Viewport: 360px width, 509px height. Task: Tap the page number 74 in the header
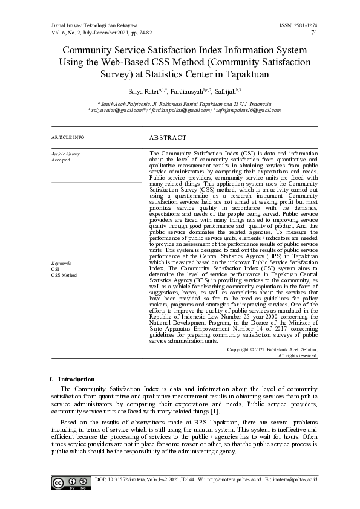[x=313, y=33]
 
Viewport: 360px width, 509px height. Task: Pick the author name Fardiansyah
[x=186, y=92]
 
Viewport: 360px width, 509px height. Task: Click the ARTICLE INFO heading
[x=68, y=138]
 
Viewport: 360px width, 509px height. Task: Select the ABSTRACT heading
[x=168, y=138]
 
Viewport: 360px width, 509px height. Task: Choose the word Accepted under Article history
[x=61, y=160]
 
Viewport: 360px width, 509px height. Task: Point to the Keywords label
[x=61, y=264]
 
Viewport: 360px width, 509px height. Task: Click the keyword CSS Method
[x=64, y=275]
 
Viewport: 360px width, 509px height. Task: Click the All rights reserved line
[x=297, y=355]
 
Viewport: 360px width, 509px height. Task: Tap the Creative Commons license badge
[x=66, y=484]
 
